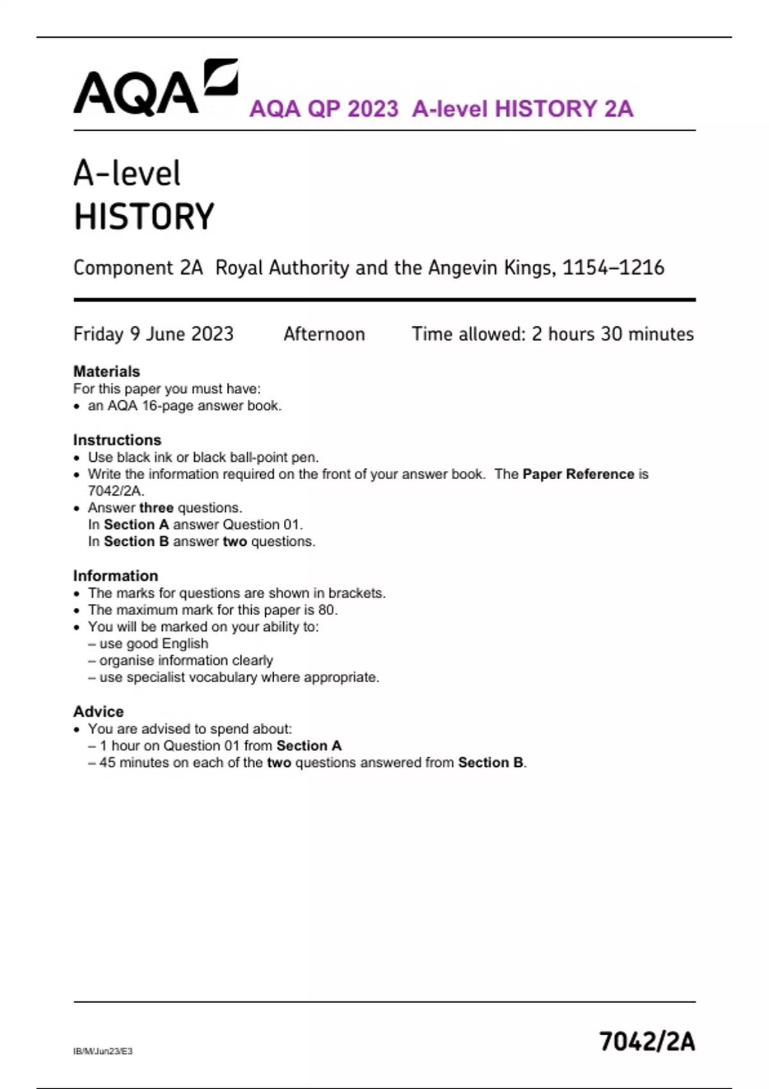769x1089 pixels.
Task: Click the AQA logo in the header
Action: coord(155,88)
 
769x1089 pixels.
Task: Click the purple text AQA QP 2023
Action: coord(324,109)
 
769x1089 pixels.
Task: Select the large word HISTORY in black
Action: coord(144,217)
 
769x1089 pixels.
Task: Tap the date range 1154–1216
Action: coord(613,268)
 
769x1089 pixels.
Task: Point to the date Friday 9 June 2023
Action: coord(153,334)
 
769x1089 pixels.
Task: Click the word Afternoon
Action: coord(324,334)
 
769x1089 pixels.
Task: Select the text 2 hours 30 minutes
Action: coord(613,334)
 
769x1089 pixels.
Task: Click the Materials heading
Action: coord(106,372)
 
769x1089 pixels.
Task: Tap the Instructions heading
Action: coord(117,440)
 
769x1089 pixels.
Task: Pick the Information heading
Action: coord(115,576)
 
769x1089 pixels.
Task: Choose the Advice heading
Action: coord(99,712)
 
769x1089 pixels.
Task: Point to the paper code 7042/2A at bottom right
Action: coord(647,1042)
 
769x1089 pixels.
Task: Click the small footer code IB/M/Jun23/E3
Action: coord(103,1051)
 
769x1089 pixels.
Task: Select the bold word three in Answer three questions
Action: coord(156,508)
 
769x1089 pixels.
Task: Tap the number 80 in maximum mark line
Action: coord(327,610)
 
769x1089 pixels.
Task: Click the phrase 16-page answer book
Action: coord(211,406)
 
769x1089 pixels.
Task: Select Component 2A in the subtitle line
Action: coord(138,268)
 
